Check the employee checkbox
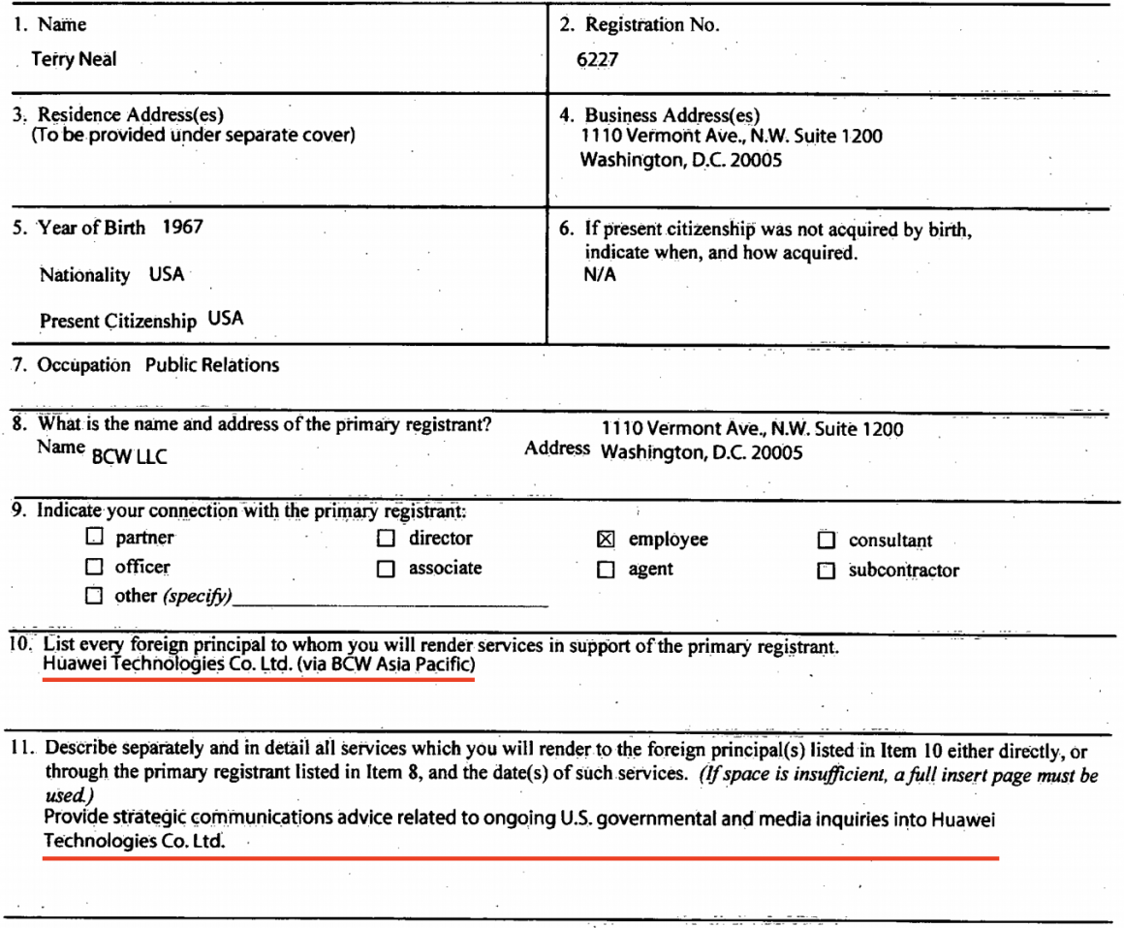(606, 540)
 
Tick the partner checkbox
(94, 539)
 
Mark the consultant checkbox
(826, 541)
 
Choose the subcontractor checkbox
(826, 571)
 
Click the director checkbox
(386, 539)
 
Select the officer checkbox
(94, 568)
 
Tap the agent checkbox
(606, 570)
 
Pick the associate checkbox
(386, 570)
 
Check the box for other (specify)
(94, 597)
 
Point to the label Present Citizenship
(118, 321)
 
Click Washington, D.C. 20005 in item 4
(680, 161)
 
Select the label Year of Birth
(92, 230)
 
